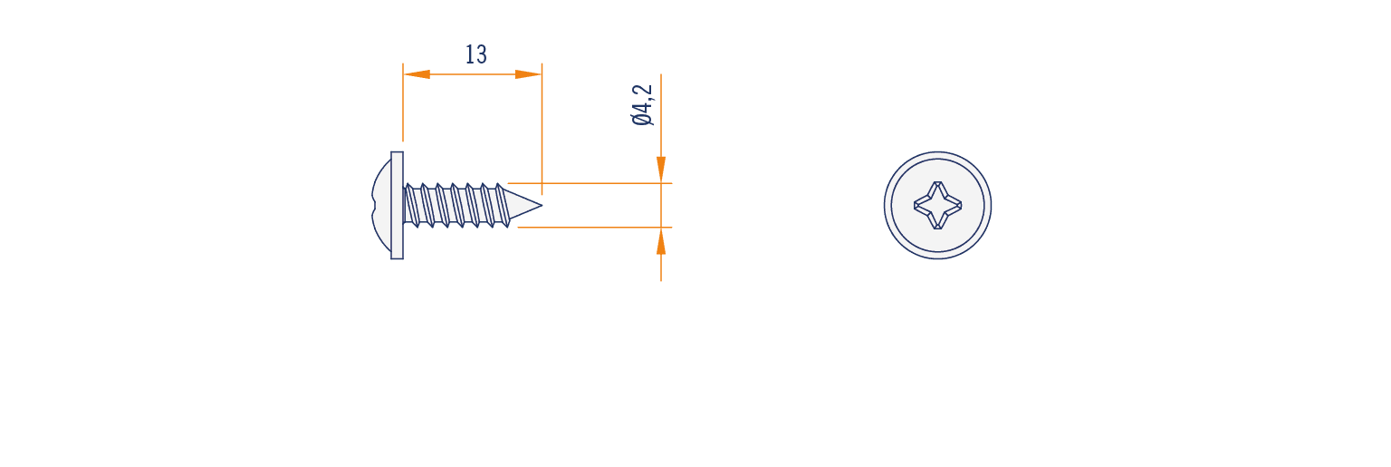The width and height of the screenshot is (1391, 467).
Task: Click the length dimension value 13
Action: click(476, 54)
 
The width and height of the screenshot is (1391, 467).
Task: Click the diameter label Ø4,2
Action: click(642, 105)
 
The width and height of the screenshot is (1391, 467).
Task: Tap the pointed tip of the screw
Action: click(542, 205)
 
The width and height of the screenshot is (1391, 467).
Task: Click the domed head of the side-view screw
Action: click(381, 205)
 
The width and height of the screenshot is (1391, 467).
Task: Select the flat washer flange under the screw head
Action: click(397, 205)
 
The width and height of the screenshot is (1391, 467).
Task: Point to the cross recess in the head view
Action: click(937, 205)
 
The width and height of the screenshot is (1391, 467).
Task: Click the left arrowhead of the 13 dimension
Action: click(417, 74)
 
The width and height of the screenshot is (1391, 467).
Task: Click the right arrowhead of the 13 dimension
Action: click(528, 74)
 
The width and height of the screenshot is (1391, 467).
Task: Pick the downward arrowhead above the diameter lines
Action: click(661, 170)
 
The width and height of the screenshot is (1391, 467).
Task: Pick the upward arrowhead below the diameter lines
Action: click(661, 241)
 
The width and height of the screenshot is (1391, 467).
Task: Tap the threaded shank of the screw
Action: click(456, 205)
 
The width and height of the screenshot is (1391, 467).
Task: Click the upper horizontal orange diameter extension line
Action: click(590, 183)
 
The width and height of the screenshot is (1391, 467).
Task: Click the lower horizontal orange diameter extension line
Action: click(594, 228)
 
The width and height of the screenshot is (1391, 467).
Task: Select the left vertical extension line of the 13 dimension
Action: click(402, 102)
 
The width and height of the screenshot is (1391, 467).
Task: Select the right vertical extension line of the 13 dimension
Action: click(542, 129)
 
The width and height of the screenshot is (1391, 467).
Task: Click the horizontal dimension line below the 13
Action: click(472, 74)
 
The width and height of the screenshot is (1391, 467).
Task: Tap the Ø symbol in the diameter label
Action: click(642, 119)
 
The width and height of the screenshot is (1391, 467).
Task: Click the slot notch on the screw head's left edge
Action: click(374, 205)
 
